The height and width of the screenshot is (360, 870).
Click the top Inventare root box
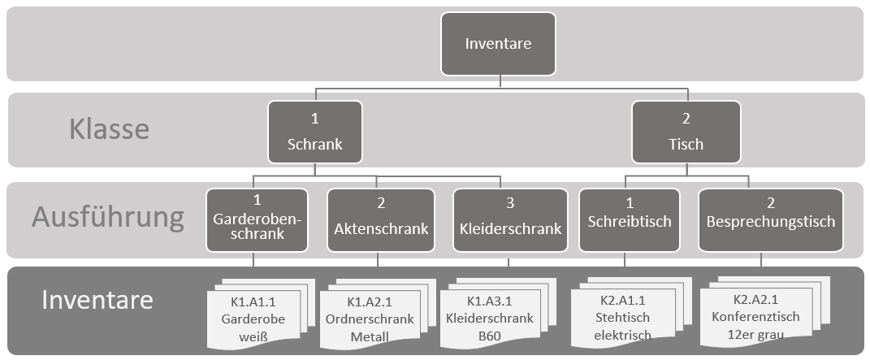(x=498, y=43)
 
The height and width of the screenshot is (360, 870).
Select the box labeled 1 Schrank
(x=314, y=132)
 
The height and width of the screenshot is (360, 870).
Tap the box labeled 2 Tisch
(x=686, y=132)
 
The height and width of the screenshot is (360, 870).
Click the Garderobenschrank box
(x=257, y=219)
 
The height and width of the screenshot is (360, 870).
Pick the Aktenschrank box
(x=381, y=219)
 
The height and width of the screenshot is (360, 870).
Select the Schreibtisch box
(x=628, y=219)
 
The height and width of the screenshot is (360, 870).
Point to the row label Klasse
(x=108, y=130)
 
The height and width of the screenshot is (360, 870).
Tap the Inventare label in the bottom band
(x=97, y=300)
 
